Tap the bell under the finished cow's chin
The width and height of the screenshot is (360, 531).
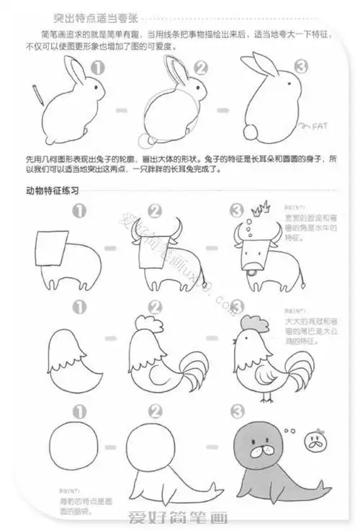[250, 272]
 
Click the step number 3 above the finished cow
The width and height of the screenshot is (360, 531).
[236, 210]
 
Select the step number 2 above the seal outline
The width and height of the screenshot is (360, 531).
[154, 411]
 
